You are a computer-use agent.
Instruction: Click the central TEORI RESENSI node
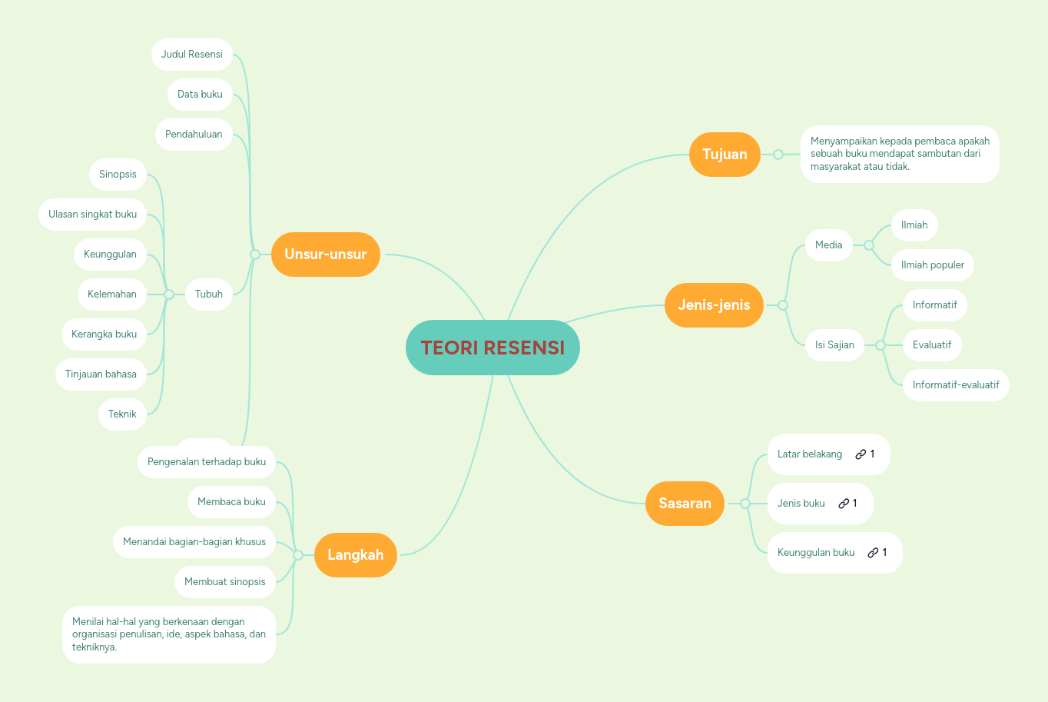coord(492,348)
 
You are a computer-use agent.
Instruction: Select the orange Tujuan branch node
coord(725,155)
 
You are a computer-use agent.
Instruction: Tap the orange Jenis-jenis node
coord(714,305)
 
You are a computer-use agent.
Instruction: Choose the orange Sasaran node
coord(685,504)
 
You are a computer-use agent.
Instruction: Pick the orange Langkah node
coord(355,555)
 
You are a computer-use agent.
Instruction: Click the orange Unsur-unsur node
coord(325,255)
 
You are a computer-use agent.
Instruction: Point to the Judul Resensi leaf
coord(192,55)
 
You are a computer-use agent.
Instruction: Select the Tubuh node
coord(208,294)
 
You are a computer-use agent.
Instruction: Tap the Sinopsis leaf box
coord(118,175)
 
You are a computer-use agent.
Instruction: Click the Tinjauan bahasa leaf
coord(101,374)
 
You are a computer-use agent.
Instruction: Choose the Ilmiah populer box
coord(932,265)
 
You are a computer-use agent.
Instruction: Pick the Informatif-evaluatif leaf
coord(956,385)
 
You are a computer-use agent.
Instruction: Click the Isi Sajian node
coord(834,345)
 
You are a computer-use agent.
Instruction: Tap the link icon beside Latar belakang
coord(861,454)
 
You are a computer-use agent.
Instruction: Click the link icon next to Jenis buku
coord(844,504)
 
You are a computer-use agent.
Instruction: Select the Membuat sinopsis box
coord(224,582)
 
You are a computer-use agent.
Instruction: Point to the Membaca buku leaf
coord(231,502)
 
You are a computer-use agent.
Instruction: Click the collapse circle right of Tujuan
coord(778,155)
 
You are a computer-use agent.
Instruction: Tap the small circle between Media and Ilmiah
coord(869,245)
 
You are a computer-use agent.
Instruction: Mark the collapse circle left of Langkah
coord(298,555)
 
